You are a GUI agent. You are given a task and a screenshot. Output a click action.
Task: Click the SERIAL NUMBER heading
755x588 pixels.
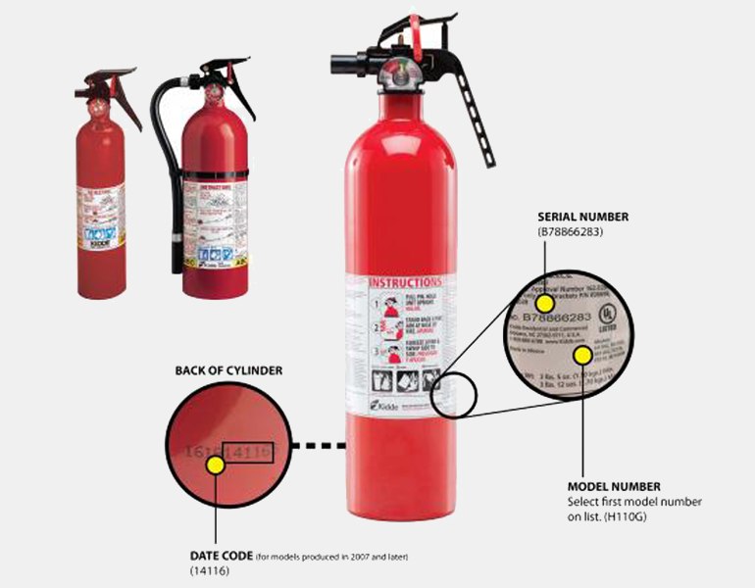(583, 217)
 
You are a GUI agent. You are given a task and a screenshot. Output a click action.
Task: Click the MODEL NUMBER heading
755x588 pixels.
(614, 486)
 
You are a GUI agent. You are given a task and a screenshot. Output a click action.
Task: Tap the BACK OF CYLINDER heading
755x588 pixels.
(227, 371)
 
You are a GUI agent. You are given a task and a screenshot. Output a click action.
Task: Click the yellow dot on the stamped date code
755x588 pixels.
(216, 466)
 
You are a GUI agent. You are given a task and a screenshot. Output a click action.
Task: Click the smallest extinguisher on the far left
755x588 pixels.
(101, 196)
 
